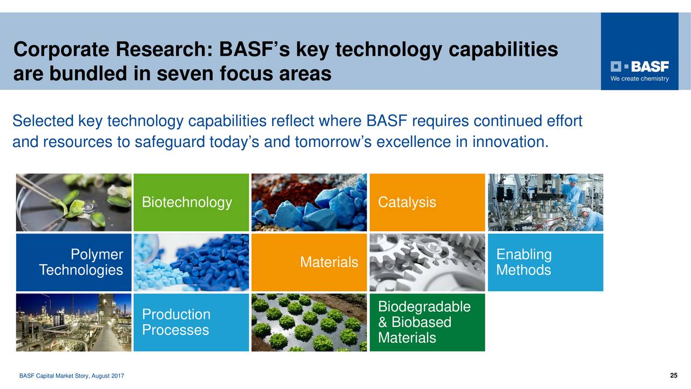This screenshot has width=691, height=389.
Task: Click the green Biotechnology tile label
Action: (187, 203)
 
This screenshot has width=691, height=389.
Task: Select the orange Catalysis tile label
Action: (407, 203)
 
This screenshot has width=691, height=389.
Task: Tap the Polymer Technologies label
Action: (81, 263)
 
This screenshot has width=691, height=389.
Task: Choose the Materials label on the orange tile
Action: (329, 263)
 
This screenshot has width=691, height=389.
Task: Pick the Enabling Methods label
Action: (524, 263)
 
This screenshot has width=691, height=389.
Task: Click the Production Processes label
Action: (176, 323)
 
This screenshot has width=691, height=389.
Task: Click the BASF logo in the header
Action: (640, 66)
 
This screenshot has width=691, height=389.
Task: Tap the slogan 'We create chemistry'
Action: (640, 79)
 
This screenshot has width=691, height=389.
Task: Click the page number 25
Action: (673, 375)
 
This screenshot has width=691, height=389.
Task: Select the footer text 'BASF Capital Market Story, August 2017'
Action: (72, 376)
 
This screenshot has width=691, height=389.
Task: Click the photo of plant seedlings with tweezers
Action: (73, 203)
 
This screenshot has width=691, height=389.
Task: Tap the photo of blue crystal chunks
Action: (309, 203)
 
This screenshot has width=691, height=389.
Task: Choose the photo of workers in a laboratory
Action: (545, 203)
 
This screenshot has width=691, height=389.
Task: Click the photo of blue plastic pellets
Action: (191, 263)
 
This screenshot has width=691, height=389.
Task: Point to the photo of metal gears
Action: (427, 263)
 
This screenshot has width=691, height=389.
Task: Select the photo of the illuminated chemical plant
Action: (73, 323)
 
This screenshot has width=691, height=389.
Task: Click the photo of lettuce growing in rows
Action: (309, 323)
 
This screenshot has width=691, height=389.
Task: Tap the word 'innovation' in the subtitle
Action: (509, 142)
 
